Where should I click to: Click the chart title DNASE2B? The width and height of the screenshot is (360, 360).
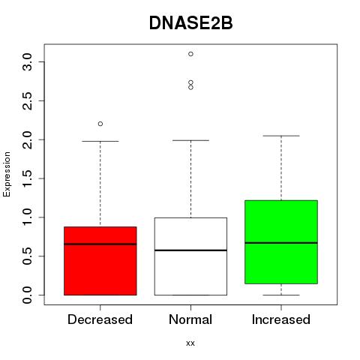pyautogui.click(x=190, y=23)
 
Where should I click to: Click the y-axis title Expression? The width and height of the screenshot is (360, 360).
pyautogui.click(x=7, y=174)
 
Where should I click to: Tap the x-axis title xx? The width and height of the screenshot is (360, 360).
pyautogui.click(x=190, y=343)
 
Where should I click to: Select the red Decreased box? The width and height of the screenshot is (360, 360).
pyautogui.click(x=100, y=261)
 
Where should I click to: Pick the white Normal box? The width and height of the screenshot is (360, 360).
pyautogui.click(x=190, y=256)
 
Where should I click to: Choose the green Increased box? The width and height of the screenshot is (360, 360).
pyautogui.click(x=281, y=242)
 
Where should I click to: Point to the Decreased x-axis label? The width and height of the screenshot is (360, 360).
pyautogui.click(x=100, y=319)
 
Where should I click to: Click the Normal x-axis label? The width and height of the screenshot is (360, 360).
pyautogui.click(x=190, y=319)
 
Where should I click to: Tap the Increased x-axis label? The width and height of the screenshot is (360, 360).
pyautogui.click(x=281, y=319)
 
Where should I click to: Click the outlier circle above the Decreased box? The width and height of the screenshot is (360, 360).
pyautogui.click(x=100, y=124)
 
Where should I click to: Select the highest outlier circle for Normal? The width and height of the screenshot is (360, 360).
pyautogui.click(x=190, y=54)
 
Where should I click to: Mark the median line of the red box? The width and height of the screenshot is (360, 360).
pyautogui.click(x=100, y=244)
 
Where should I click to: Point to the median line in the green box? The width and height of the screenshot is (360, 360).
pyautogui.click(x=281, y=243)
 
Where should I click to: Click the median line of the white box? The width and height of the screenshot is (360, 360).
pyautogui.click(x=190, y=250)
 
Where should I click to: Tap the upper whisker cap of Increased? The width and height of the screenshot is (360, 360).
pyautogui.click(x=281, y=136)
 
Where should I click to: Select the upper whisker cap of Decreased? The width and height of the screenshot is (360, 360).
pyautogui.click(x=100, y=141)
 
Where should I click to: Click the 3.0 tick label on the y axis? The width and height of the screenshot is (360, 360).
pyautogui.click(x=27, y=61)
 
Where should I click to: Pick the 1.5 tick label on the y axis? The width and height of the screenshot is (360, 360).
pyautogui.click(x=27, y=178)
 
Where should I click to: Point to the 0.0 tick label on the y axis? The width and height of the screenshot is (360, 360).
pyautogui.click(x=27, y=295)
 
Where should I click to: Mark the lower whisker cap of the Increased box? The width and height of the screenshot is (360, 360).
pyautogui.click(x=281, y=295)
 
